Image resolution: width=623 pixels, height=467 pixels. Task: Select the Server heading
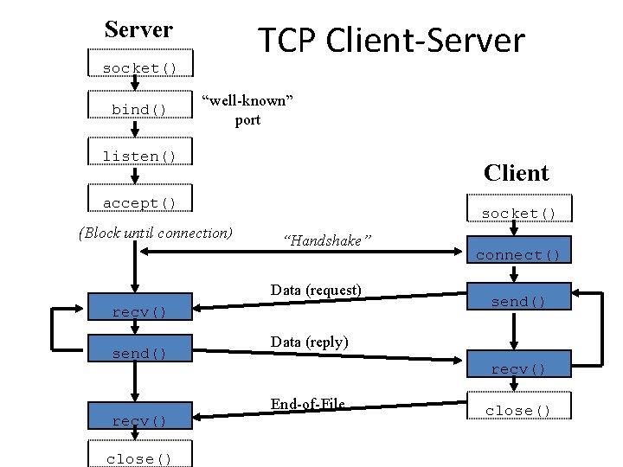click(x=138, y=29)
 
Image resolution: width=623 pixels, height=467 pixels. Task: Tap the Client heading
click(x=517, y=173)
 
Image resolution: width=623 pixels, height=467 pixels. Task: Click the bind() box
click(x=139, y=109)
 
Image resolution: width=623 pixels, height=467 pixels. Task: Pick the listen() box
click(x=139, y=156)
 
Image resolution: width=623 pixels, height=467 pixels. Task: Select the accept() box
click(x=139, y=202)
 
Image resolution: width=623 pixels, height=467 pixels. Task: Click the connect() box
click(x=518, y=254)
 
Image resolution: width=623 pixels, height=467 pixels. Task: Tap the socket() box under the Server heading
click(x=139, y=67)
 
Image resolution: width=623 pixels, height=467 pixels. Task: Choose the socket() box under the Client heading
click(x=518, y=213)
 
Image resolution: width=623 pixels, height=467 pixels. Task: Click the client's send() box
click(x=518, y=301)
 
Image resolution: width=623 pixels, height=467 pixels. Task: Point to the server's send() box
click(x=139, y=353)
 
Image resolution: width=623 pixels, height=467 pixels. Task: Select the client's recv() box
click(x=518, y=368)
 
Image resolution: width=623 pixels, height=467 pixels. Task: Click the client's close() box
click(x=518, y=410)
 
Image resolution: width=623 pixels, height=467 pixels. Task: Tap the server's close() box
click(x=139, y=458)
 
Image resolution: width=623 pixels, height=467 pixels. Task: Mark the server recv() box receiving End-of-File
click(x=139, y=420)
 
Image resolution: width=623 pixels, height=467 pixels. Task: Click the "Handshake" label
click(x=327, y=240)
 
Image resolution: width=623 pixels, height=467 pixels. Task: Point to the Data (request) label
click(x=316, y=290)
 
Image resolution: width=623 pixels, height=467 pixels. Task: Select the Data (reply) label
click(x=309, y=342)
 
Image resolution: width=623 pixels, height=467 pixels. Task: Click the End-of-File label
click(x=307, y=404)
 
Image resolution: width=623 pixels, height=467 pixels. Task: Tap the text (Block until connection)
click(x=155, y=232)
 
